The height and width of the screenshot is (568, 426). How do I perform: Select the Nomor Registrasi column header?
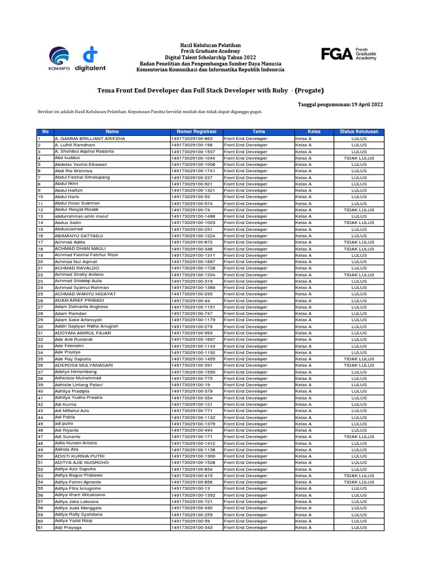pyautogui.click(x=196, y=131)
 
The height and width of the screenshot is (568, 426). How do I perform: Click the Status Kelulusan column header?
pyautogui.click(x=359, y=131)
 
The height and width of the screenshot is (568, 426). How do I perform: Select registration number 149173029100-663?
pyautogui.click(x=192, y=138)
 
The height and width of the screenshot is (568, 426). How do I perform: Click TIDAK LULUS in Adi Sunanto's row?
pyautogui.click(x=359, y=437)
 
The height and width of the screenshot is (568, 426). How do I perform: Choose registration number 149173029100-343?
pyautogui.click(x=192, y=528)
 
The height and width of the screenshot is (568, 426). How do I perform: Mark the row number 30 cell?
pyautogui.click(x=40, y=326)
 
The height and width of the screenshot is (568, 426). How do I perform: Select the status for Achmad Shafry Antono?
pyautogui.click(x=359, y=275)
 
